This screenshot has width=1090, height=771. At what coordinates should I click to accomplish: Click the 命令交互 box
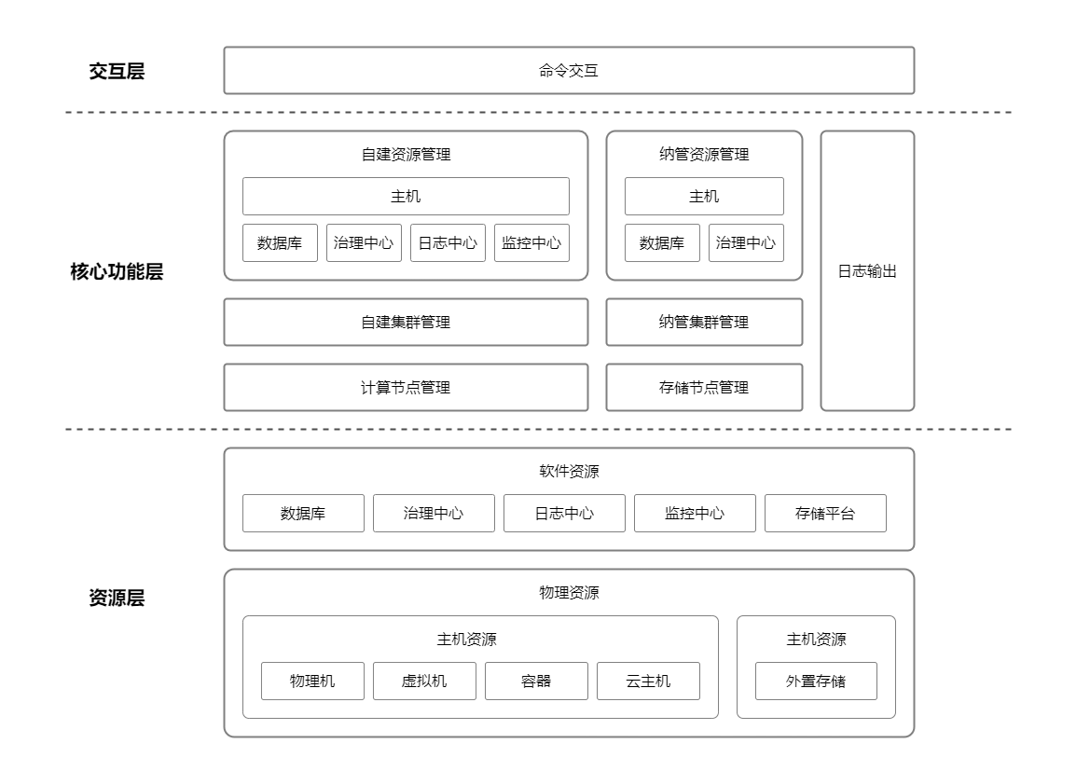[569, 71]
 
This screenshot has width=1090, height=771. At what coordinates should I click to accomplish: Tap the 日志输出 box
[867, 271]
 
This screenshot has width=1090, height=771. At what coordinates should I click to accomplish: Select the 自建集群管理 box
[406, 323]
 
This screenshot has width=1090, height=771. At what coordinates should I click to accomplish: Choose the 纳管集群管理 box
[704, 323]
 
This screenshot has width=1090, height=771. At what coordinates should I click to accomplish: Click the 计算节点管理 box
[406, 388]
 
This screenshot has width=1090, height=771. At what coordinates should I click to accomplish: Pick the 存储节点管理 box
[704, 388]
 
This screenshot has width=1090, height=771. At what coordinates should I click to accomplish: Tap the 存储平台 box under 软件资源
[825, 514]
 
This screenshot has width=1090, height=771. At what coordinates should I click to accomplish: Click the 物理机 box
[312, 682]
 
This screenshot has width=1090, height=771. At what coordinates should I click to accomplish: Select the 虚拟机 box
[424, 682]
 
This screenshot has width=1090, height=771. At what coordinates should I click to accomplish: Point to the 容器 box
[536, 682]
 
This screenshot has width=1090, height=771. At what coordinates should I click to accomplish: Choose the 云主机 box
[648, 682]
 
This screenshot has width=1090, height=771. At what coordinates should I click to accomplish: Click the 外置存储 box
[816, 682]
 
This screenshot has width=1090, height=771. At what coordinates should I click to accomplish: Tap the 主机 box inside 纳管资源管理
[704, 197]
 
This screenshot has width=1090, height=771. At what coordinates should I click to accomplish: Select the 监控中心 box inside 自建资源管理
[531, 243]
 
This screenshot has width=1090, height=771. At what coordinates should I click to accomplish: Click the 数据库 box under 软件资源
[303, 514]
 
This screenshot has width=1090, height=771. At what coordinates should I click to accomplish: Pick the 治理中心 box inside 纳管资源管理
[746, 243]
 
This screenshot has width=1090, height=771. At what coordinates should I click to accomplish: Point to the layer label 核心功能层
[117, 273]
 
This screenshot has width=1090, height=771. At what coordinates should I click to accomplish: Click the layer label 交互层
[117, 72]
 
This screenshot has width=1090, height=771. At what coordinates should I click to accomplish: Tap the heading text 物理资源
[569, 593]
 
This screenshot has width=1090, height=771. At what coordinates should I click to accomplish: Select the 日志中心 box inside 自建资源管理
[448, 243]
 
